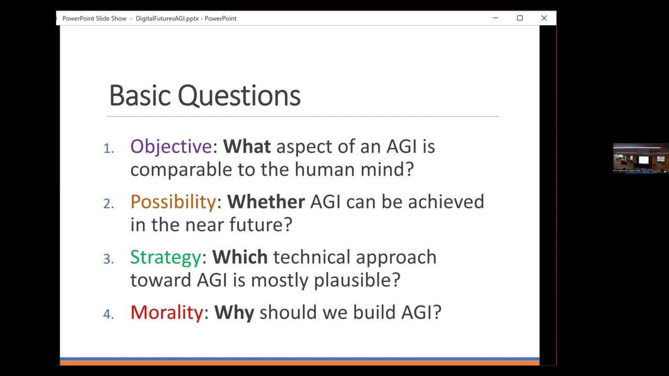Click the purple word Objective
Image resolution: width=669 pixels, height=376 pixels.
[x=170, y=147]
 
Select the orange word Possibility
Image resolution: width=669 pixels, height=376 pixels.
[x=172, y=202]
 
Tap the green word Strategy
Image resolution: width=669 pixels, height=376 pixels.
[x=165, y=257]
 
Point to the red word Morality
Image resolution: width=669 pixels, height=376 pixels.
[x=166, y=312]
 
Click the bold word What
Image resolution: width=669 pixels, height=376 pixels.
[x=247, y=147]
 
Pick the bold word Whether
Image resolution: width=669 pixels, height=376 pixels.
[x=266, y=202]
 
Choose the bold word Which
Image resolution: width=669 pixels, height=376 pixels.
[x=239, y=257]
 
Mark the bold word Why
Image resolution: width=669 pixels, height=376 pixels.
[x=234, y=312]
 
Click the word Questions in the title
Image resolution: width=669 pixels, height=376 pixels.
[x=239, y=96]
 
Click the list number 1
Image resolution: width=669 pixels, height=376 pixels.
[x=108, y=149]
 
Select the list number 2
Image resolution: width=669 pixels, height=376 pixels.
[x=108, y=204]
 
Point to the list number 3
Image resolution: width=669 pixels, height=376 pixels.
[x=108, y=260]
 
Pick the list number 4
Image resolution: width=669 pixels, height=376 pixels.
[x=108, y=314]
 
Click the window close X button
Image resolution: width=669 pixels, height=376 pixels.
[x=544, y=18]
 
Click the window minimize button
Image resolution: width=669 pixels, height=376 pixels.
[x=495, y=18]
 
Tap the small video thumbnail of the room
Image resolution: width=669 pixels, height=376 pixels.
[x=640, y=158]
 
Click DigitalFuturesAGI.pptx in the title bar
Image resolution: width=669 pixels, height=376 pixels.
[x=167, y=18]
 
